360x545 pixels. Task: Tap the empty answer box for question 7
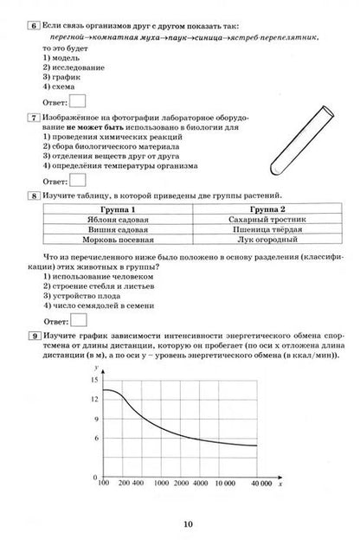(x=76, y=181)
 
